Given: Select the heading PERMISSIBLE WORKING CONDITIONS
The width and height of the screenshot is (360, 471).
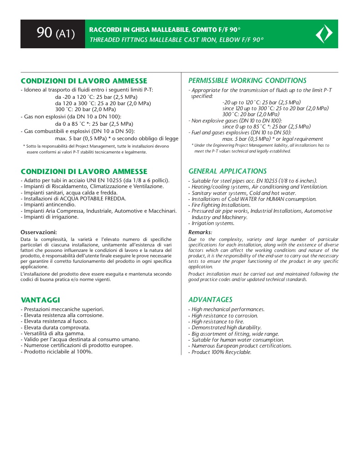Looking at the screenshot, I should click(x=247, y=81).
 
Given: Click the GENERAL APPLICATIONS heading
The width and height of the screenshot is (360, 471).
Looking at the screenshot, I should click(x=228, y=171).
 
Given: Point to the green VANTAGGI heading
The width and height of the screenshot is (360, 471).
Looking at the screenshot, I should click(x=41, y=300).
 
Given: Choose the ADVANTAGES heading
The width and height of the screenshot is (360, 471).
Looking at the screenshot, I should click(x=210, y=300).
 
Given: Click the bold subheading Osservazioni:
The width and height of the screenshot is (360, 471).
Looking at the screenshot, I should click(x=39, y=232).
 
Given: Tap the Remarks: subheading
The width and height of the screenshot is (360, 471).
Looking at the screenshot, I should click(x=200, y=232).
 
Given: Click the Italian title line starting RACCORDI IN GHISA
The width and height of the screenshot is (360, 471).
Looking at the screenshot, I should click(x=165, y=30).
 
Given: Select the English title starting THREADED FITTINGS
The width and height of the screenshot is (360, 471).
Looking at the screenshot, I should click(x=176, y=40).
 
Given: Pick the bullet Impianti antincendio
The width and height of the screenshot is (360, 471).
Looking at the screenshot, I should click(x=50, y=205).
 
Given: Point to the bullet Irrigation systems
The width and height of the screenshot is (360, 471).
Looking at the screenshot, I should click(x=213, y=223).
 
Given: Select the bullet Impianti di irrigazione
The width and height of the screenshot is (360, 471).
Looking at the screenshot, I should click(x=51, y=217).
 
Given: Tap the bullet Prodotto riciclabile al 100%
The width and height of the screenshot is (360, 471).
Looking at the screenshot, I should click(x=58, y=351).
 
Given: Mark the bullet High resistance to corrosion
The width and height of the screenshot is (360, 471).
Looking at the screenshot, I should click(x=224, y=315).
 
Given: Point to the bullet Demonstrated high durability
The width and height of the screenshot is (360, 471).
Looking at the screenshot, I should click(x=226, y=328).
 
